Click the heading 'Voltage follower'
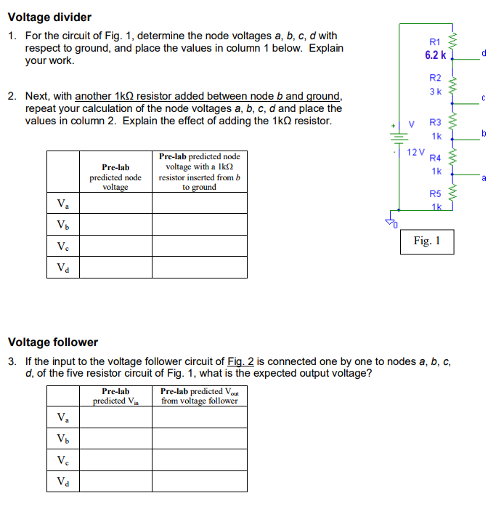(52, 342)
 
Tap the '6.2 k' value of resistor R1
(436, 55)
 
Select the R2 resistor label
(435, 78)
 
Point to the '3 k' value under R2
(435, 91)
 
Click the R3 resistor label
(436, 123)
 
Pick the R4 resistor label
(436, 158)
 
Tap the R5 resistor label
(436, 193)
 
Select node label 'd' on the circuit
(484, 52)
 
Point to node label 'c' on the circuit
(483, 97)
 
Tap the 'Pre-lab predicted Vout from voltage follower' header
(199, 396)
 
